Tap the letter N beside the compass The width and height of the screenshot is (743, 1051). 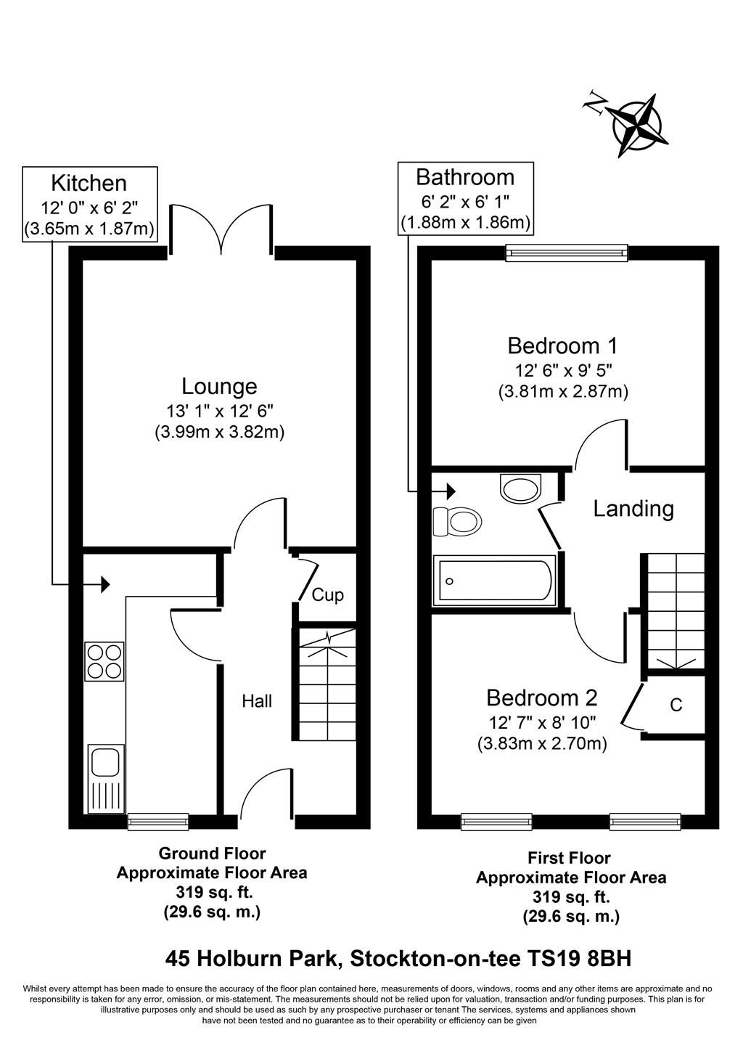pos(596,105)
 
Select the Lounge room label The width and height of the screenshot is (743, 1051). pos(219,385)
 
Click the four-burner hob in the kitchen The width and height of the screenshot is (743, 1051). pos(104,661)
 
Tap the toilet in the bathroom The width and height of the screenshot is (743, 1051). pos(457,521)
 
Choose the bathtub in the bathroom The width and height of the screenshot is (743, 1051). pos(494,581)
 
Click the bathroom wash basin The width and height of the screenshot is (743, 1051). pos(521,488)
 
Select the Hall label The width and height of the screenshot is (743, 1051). pos(257,701)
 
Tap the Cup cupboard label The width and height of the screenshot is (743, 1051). pos(327,595)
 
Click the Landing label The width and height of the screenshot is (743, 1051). pos(633,509)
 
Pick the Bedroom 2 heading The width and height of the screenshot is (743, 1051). pos(541,698)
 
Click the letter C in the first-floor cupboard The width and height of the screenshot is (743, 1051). pos(676,705)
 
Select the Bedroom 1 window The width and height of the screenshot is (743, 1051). pos(567,253)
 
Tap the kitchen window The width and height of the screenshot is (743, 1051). pos(158,822)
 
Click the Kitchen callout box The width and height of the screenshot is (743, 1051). pos(89,204)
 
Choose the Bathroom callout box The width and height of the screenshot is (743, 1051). pos(465,198)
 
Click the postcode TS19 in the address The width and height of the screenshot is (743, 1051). pos(551,959)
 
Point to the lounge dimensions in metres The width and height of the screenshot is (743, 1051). pos(219,432)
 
